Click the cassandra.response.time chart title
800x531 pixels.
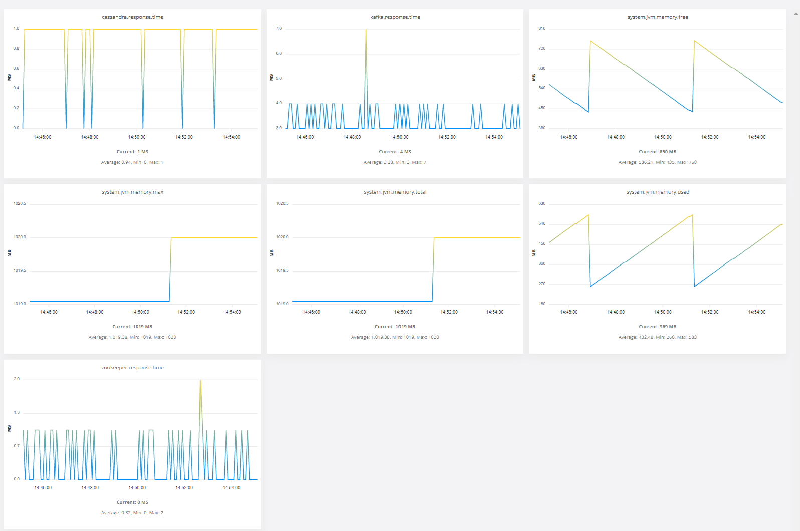[x=132, y=17]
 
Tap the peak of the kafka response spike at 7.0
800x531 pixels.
[x=366, y=30]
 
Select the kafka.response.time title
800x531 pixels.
[x=395, y=17]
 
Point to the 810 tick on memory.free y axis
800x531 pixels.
[x=542, y=29]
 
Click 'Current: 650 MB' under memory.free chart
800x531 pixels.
[x=657, y=152]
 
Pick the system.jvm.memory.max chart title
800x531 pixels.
[x=132, y=192]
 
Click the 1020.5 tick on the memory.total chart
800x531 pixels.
[x=282, y=204]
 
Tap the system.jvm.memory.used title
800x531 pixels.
[x=658, y=192]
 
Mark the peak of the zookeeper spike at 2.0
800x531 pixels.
[x=201, y=380]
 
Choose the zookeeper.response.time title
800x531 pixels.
[x=132, y=368]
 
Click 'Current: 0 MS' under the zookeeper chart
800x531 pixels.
[x=132, y=502]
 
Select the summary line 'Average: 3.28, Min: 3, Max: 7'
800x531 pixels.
[x=394, y=162]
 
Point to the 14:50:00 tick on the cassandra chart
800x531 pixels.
[x=137, y=137]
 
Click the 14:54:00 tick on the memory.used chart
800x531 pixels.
[x=756, y=312]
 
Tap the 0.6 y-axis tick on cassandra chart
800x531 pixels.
[x=17, y=69]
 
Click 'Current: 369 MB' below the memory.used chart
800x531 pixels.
[x=657, y=327]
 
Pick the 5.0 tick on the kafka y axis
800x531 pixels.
[x=279, y=79]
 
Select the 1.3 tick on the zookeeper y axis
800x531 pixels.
[x=17, y=413]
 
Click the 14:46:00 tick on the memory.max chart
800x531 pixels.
[x=49, y=312]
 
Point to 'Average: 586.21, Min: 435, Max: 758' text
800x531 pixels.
[x=657, y=162]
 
